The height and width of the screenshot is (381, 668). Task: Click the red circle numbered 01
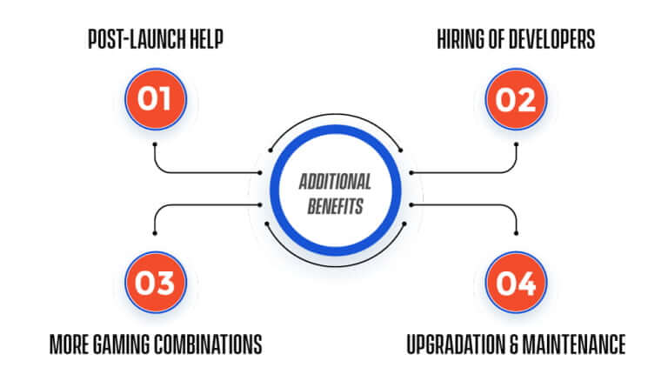[x=156, y=99]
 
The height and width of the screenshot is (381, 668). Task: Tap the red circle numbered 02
[x=516, y=99]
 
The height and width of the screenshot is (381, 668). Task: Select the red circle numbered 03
[x=156, y=282]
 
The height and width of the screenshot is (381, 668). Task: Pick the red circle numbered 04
[x=516, y=282]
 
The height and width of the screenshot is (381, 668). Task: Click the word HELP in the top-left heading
[x=207, y=39]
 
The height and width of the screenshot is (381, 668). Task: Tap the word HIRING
[x=462, y=39]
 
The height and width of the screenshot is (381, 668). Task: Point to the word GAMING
[x=122, y=344]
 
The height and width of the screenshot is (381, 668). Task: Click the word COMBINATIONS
[x=209, y=344]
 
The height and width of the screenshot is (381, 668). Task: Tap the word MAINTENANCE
[x=574, y=344]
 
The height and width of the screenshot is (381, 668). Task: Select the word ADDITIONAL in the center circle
[x=335, y=182]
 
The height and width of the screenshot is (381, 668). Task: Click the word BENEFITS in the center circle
[x=335, y=206]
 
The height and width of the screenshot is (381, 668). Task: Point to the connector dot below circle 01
[x=155, y=144]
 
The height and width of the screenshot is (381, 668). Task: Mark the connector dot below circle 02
[x=517, y=144]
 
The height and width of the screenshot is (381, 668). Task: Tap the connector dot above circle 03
[x=155, y=233]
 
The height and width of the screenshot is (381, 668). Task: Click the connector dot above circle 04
[x=517, y=233]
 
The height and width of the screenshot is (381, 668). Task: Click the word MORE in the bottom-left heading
[x=70, y=344]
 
